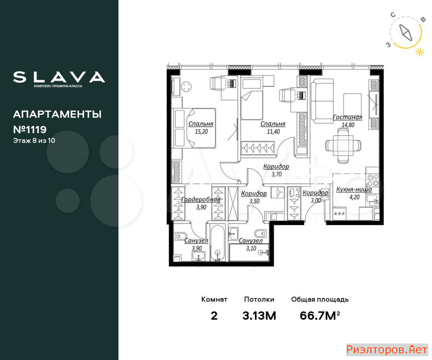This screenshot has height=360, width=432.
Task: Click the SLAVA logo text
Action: pyautogui.click(x=59, y=77)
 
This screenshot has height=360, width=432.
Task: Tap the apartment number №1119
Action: pyautogui.click(x=30, y=129)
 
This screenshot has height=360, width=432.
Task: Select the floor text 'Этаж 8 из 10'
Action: pyautogui.click(x=34, y=141)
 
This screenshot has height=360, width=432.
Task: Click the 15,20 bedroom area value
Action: pyautogui.click(x=201, y=132)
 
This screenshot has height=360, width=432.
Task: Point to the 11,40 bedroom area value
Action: pyautogui.click(x=273, y=132)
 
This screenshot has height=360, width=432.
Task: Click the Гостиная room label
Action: pyautogui.click(x=347, y=117)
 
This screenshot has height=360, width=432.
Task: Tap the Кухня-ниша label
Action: pyautogui.click(x=354, y=189)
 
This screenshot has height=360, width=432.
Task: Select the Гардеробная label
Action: pyautogui.click(x=201, y=199)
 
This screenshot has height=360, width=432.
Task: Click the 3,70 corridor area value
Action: pyautogui.click(x=277, y=174)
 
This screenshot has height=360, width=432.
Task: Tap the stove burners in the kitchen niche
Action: pyautogui.click(x=372, y=180)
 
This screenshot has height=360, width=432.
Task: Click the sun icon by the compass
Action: pyautogui.click(x=420, y=52)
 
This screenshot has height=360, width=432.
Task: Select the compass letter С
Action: pyautogui.click(x=393, y=15)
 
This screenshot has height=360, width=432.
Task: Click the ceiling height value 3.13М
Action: pyautogui.click(x=259, y=316)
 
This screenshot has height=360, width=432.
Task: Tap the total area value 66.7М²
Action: pyautogui.click(x=320, y=315)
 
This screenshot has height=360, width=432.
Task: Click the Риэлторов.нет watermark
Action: pyautogui.click(x=387, y=349)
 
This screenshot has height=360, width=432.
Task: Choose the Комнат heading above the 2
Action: pyautogui.click(x=214, y=299)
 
